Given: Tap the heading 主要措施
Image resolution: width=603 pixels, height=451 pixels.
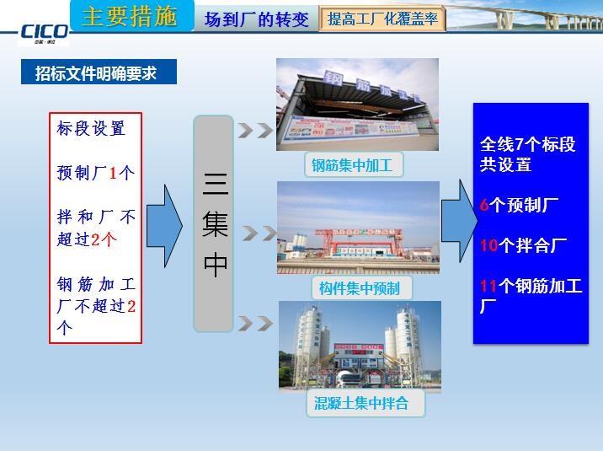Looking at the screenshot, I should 129,17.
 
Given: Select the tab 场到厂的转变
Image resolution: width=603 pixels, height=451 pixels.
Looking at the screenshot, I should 256,19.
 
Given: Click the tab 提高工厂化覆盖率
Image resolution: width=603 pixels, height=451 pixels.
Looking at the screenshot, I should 383,19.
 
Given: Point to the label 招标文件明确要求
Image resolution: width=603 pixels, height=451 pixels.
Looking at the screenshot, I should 99,72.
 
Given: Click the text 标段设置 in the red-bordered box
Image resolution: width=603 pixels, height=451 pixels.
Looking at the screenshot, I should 91,129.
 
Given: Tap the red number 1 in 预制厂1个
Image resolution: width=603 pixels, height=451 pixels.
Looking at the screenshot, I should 113,173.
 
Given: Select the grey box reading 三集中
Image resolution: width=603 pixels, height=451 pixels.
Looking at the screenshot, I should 214,223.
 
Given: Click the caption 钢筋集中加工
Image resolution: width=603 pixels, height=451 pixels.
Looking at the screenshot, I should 352,165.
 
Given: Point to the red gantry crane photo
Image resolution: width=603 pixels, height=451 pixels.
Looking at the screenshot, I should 358,227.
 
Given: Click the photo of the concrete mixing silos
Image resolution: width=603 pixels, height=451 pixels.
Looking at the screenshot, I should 360,346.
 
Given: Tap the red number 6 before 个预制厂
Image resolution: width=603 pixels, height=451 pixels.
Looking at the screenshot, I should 484,205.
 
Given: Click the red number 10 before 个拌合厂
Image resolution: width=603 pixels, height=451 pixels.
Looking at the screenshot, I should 488,245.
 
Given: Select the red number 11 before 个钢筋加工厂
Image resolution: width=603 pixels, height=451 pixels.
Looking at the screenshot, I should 488,286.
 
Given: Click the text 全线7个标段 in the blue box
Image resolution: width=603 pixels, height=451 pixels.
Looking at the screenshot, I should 527,144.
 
